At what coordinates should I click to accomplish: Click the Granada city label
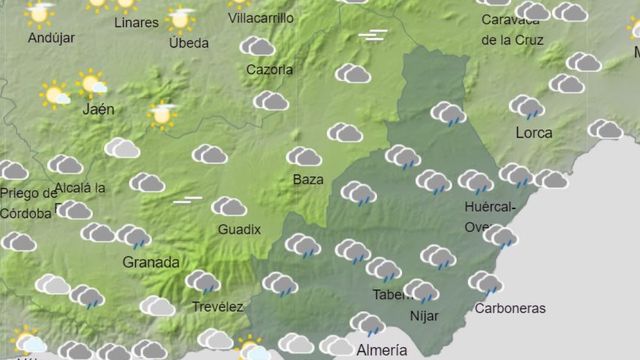coord(151,262)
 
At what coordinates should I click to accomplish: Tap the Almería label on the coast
coord(381,350)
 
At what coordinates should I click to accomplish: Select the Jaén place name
coord(99,110)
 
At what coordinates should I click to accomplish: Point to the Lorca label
coord(534,133)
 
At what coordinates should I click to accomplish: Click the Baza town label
coord(308,180)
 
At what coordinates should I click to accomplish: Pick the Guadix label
coord(239,230)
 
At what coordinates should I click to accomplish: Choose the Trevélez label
coord(217,307)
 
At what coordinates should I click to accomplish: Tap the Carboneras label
coord(510,308)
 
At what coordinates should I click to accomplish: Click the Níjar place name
coord(424,316)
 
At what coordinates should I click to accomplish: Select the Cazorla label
coord(269,70)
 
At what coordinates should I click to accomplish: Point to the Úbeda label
coord(189,43)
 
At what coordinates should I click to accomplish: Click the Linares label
coord(137,23)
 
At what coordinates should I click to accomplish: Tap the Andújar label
coord(51,38)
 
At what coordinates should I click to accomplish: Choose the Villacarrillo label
coord(261,18)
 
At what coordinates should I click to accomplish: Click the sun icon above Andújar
coord(39,13)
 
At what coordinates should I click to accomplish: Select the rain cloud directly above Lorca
coord(527,107)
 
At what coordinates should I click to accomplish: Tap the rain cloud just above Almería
coord(367,324)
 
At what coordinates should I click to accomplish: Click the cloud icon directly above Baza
coord(304,156)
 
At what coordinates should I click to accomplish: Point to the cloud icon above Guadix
coord(229,206)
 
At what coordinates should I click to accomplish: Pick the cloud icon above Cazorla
coord(257,46)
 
